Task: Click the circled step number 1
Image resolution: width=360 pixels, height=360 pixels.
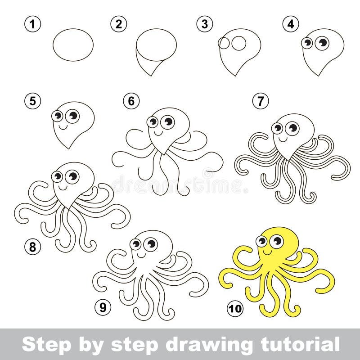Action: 31,24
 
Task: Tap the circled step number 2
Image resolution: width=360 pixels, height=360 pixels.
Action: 118,24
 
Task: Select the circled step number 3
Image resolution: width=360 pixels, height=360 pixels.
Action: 205,24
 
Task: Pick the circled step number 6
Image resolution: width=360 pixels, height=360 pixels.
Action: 131,101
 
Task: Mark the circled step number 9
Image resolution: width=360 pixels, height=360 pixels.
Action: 103,308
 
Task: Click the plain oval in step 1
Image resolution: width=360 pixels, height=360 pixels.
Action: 73,45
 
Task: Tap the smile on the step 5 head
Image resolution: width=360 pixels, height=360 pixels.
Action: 64,127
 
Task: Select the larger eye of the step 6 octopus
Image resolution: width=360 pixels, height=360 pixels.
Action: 167,121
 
